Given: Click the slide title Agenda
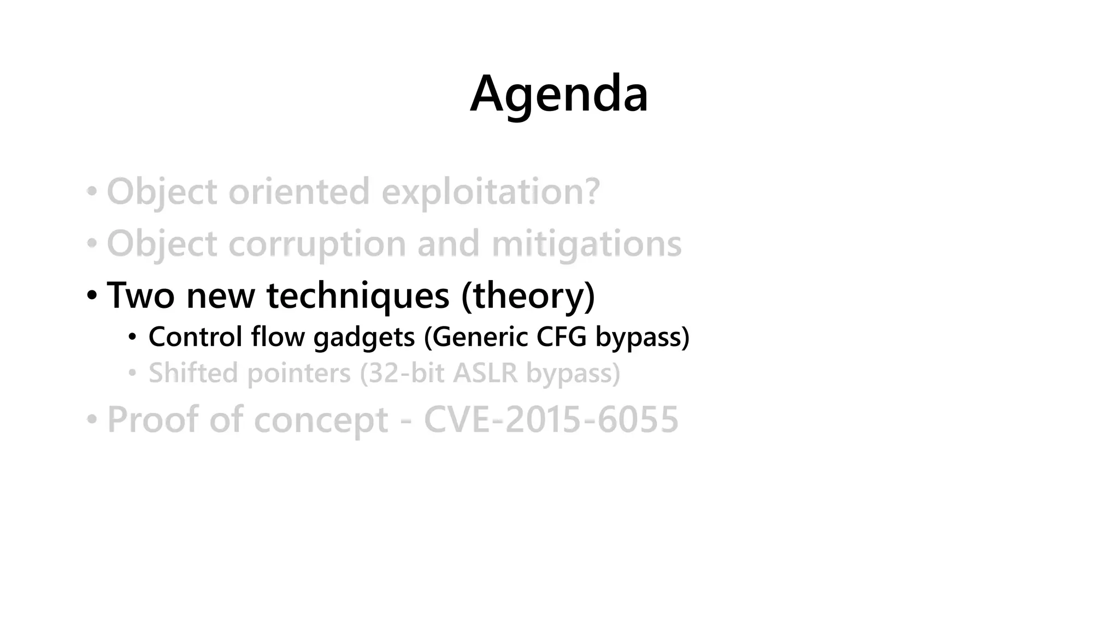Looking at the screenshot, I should tap(559, 94).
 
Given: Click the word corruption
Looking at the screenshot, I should tap(317, 244).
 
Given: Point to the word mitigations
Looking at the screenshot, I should tap(586, 244).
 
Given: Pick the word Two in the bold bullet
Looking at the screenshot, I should tap(140, 295).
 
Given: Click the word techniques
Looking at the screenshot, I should tap(358, 295).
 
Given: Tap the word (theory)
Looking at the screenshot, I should tap(528, 295).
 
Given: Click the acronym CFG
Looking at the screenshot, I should tap(561, 336).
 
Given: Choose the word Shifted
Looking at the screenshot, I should tap(193, 373).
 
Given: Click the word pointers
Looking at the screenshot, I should tap(299, 374).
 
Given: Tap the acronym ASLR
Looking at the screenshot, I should tap(485, 373).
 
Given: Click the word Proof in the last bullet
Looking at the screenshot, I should tap(152, 419).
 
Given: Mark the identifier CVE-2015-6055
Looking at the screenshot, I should tap(551, 419).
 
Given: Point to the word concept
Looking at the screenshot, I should tap(321, 421).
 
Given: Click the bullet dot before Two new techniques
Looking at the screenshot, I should tap(92, 296).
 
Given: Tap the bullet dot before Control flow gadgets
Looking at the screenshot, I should tap(132, 337).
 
